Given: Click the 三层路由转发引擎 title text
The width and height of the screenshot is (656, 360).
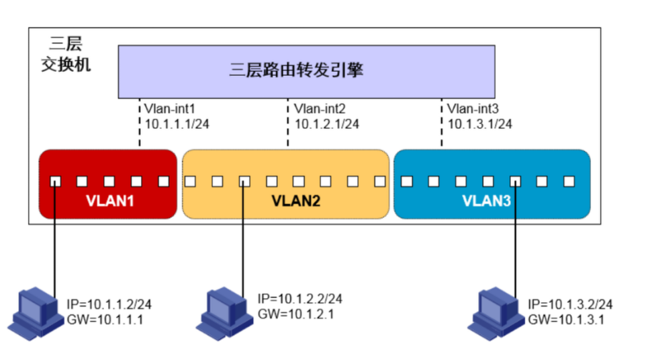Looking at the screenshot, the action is (296, 70).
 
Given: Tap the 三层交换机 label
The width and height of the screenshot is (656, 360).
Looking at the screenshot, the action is (66, 54).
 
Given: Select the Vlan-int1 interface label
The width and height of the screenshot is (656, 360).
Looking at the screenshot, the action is (170, 109).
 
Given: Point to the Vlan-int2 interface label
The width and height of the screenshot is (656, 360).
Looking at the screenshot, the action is (320, 109).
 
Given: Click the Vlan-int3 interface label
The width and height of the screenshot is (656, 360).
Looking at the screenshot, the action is (473, 109).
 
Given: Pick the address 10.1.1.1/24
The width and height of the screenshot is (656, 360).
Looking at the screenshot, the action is (177, 124).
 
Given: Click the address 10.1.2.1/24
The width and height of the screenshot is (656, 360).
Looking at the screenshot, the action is (327, 124).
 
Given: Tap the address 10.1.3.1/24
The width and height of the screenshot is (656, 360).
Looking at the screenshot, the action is (480, 124).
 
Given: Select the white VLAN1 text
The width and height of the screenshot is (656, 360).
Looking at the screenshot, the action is (110, 201).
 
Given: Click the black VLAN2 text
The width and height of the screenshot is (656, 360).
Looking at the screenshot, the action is (296, 201).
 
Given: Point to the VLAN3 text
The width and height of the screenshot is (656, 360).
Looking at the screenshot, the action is (487, 201).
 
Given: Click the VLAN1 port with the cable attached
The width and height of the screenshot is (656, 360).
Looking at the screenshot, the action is (55, 181).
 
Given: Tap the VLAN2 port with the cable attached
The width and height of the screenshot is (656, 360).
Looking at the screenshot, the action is (244, 181).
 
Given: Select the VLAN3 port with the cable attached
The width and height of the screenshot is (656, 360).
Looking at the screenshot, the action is (515, 181).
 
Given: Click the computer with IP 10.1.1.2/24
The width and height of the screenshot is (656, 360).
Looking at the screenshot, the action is (35, 313).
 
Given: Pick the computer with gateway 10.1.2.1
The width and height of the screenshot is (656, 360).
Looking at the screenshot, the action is (224, 313).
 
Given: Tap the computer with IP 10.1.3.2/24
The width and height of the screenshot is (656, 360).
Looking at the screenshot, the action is (496, 313).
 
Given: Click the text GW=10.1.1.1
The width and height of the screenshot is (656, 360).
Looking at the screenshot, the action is (105, 320).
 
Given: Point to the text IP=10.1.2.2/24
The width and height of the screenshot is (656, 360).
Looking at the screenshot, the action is (300, 298).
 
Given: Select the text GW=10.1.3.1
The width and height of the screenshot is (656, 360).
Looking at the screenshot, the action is (566, 320).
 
